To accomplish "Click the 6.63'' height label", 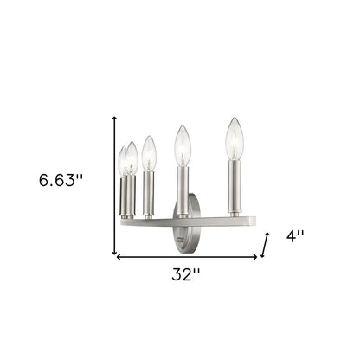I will pyautogui.click(x=61, y=181).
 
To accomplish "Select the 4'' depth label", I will pyautogui.click(x=296, y=236).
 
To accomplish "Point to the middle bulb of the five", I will pyautogui.click(x=149, y=153).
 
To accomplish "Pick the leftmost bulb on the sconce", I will pyautogui.click(x=123, y=160).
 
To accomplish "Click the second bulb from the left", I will pyautogui.click(x=132, y=157).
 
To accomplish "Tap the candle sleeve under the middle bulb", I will pyautogui.click(x=150, y=192).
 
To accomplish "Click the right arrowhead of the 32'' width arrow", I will pyautogui.click(x=255, y=257).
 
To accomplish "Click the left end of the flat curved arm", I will pyautogui.click(x=123, y=222).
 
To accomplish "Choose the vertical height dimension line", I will pyautogui.click(x=115, y=186).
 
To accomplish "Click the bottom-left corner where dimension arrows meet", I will pyautogui.click(x=116, y=256).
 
